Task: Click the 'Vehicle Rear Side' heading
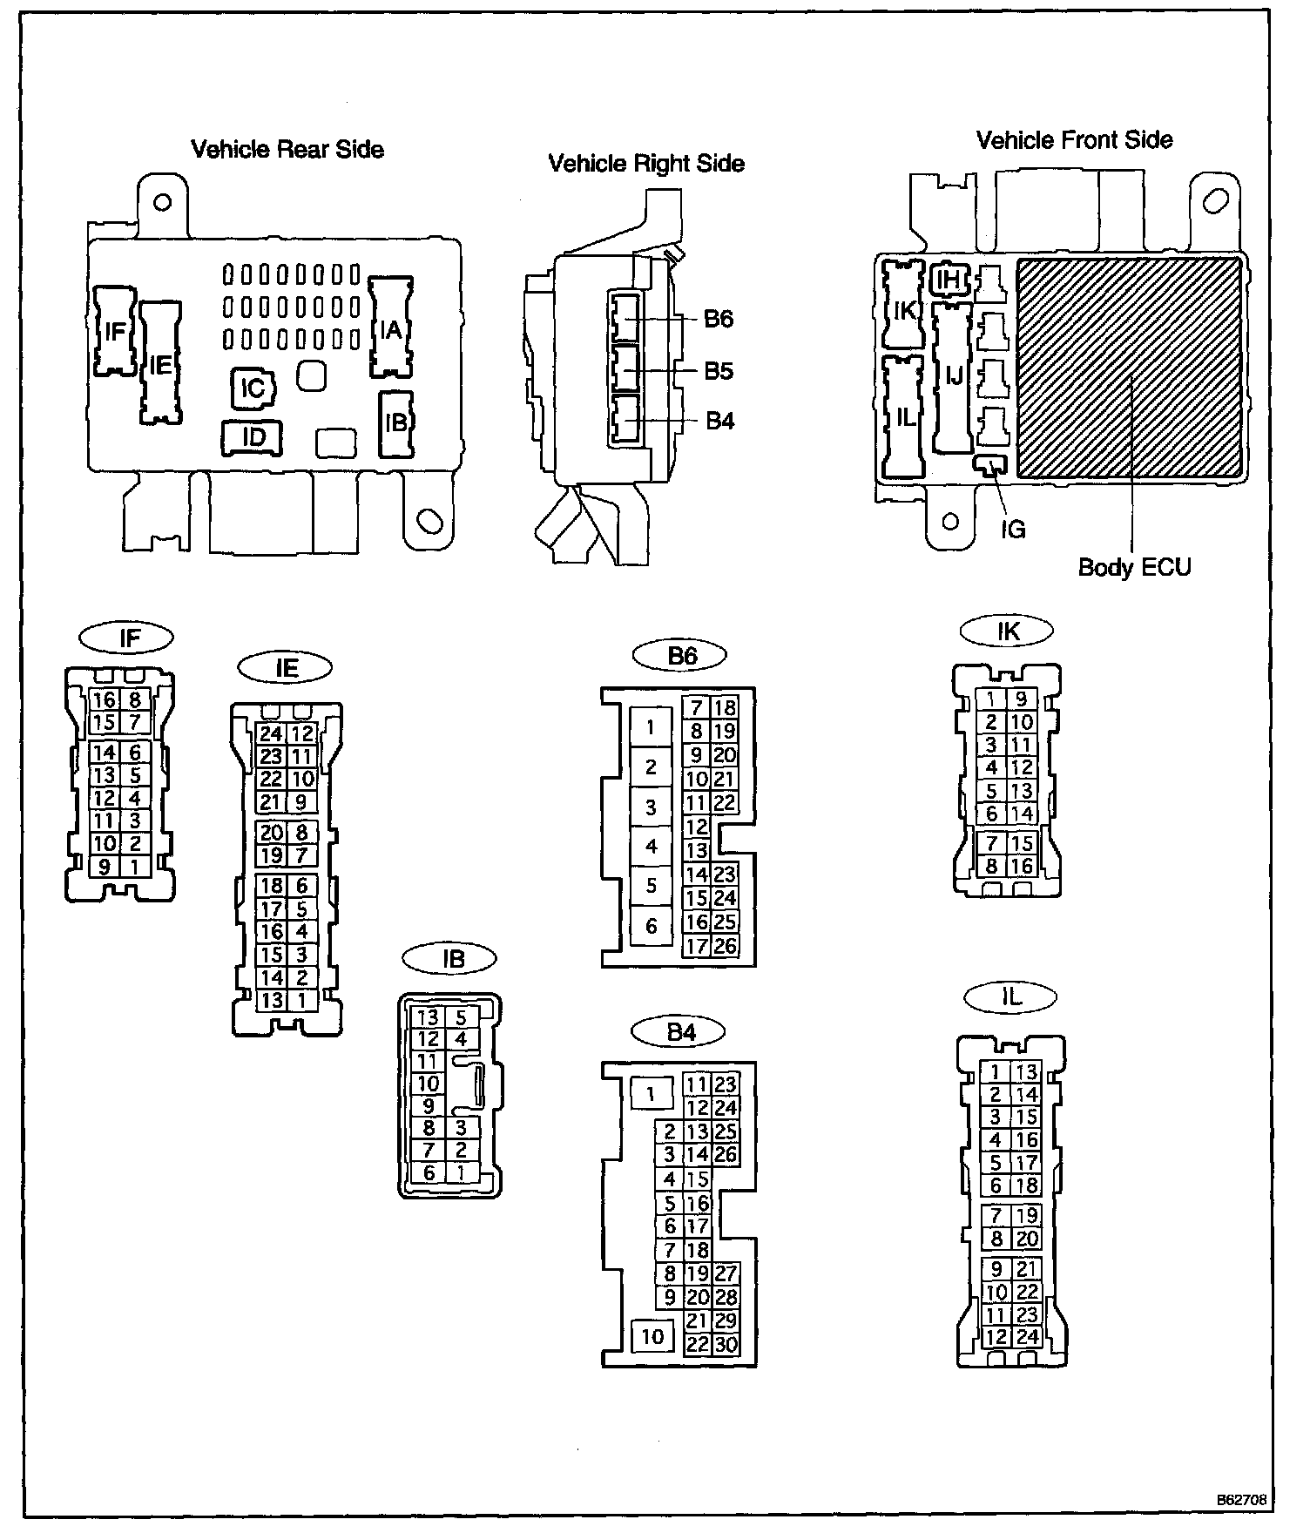287,149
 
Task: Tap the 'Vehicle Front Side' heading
1074,140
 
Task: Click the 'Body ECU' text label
1134,567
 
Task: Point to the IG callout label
1012,529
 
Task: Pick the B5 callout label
719,371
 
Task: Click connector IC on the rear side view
253,388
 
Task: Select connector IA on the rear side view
390,329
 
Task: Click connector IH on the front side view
949,280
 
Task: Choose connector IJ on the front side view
954,375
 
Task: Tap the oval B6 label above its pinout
681,655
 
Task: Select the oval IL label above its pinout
1010,997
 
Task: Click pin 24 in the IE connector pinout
271,733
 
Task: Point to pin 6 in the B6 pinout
651,926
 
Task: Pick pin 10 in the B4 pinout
652,1336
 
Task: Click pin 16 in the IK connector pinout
1022,867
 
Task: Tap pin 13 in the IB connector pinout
428,1017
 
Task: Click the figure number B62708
1242,1501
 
